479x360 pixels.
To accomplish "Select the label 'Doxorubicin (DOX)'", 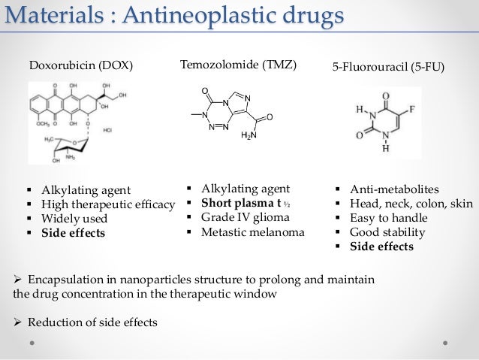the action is click(80, 65).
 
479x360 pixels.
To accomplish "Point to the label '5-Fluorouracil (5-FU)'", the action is click(388, 67).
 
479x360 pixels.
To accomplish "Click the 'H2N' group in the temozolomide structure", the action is click(249, 136).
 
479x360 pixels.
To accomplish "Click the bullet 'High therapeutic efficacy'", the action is click(108, 204).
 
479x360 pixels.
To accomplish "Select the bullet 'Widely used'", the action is click(74, 219).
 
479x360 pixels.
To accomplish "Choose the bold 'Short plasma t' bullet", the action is click(239, 203).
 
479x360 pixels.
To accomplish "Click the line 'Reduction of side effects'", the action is click(92, 323).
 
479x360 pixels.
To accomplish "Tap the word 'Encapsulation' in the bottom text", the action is click(63, 280).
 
